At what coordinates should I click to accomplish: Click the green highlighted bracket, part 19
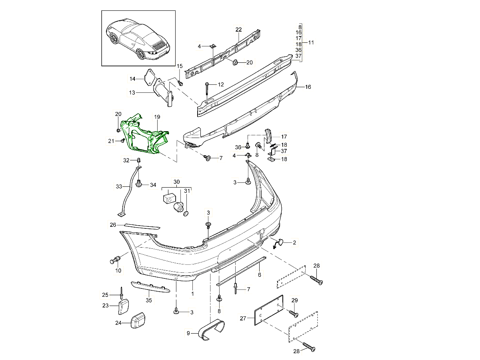146,136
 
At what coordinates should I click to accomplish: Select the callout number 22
238,30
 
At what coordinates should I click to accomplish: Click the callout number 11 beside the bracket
311,42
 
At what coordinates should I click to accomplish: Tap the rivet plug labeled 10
115,260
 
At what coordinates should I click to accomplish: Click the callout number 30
176,182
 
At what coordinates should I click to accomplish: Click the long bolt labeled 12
207,92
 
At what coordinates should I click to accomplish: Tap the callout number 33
119,186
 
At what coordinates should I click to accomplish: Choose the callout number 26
113,225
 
